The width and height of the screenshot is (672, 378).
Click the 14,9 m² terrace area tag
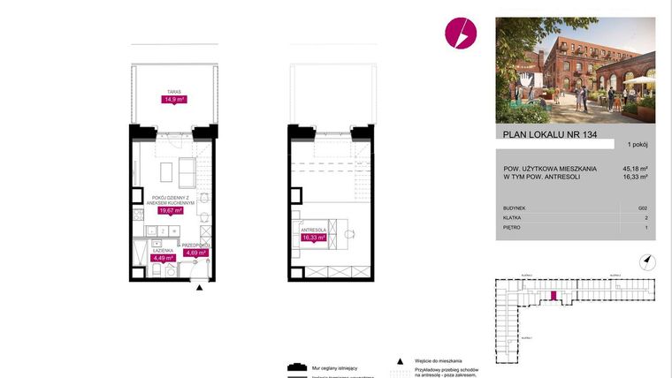coord(172,100)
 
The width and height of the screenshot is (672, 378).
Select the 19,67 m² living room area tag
coord(170,210)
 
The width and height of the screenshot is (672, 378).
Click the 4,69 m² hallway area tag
coord(195,253)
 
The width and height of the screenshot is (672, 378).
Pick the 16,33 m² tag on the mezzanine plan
coord(315,238)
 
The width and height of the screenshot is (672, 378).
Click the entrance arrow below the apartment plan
coord(201,287)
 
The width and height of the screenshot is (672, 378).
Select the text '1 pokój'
coord(638,144)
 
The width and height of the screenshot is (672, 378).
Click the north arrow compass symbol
coord(647,260)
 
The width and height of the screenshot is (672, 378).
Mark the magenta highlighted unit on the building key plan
coord(554,298)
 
